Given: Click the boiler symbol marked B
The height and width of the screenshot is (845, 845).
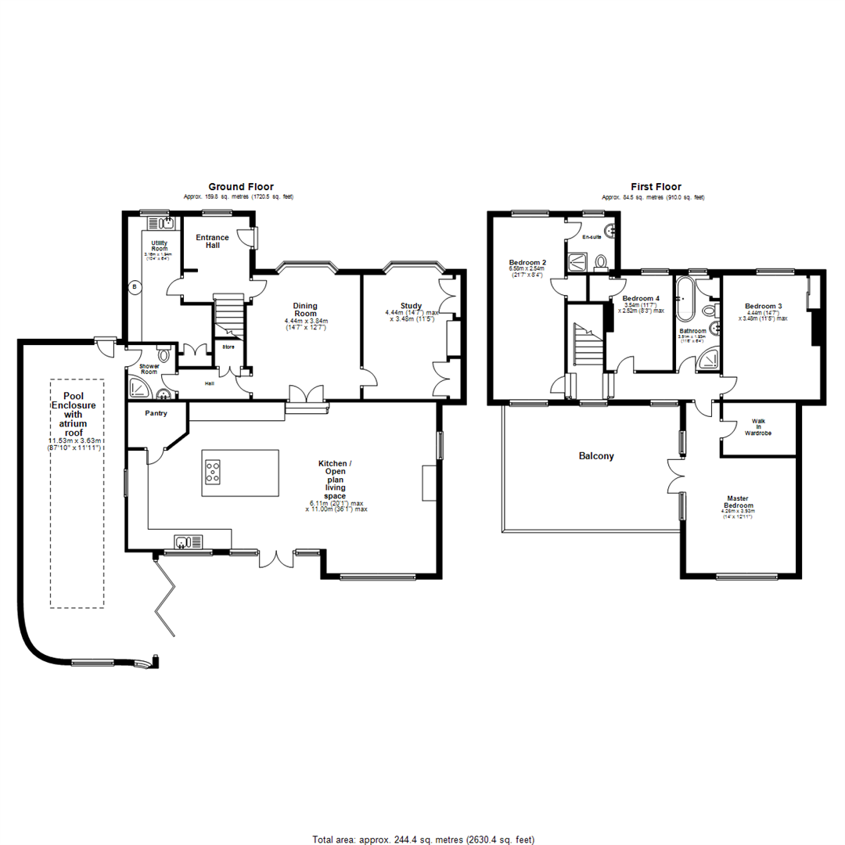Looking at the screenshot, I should click(134, 287).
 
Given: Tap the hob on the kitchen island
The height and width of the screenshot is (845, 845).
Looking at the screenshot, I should click(213, 471).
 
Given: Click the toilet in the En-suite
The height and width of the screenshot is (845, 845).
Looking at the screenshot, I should click(600, 261).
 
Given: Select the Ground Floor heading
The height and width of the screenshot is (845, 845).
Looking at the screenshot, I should click(240, 187).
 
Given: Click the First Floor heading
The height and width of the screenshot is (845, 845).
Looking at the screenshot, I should click(656, 187).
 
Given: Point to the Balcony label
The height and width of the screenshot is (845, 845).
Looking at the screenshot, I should click(595, 455).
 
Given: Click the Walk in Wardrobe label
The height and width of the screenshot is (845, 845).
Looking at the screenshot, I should click(758, 426).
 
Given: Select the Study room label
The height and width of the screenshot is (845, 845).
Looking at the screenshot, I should click(411, 306).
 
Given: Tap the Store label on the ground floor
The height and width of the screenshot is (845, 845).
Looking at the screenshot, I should click(228, 347).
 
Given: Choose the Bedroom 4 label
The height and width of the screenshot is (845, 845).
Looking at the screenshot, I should click(641, 299).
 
